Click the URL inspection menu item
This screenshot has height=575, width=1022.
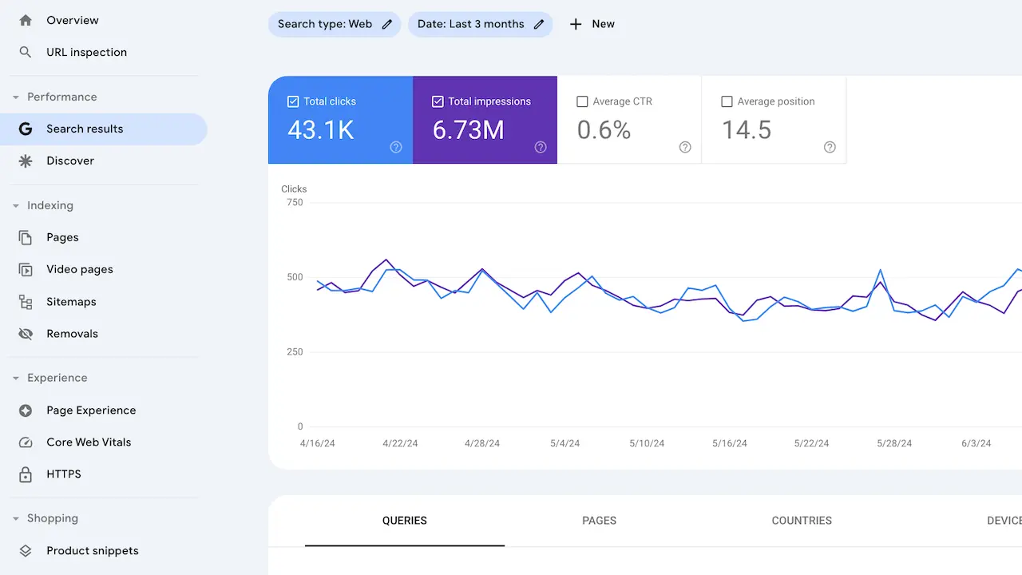[x=86, y=52]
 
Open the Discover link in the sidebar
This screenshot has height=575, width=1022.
[x=70, y=161]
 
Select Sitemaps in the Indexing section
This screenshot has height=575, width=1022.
[x=71, y=302]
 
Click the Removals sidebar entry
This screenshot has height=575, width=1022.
[x=72, y=334]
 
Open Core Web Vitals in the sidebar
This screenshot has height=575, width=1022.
[x=89, y=442]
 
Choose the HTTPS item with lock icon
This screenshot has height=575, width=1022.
[x=64, y=474]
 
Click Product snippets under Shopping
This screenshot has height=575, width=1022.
[x=92, y=550]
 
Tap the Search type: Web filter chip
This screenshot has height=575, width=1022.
[x=334, y=24]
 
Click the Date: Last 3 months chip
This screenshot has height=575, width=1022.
[x=480, y=24]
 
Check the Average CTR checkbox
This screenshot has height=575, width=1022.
[x=582, y=101]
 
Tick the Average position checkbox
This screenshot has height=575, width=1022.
[x=727, y=101]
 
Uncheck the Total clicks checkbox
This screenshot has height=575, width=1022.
[x=293, y=101]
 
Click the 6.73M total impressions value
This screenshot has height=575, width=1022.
[x=468, y=130]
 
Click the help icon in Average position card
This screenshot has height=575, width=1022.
[x=830, y=147]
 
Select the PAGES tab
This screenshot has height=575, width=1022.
[x=599, y=521]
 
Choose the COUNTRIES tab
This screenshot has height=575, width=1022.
[x=802, y=521]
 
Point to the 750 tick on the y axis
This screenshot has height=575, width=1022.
[x=295, y=203]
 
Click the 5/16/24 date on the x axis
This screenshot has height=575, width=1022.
[x=730, y=443]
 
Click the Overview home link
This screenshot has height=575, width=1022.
[x=72, y=20]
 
